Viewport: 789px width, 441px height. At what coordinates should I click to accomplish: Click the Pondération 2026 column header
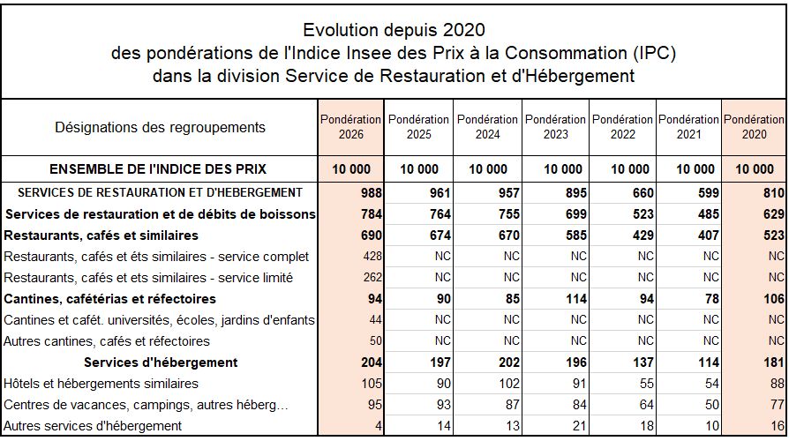pos(350,127)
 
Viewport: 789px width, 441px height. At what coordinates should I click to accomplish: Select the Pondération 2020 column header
pos(754,127)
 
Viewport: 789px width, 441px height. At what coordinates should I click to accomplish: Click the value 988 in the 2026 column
pos(371,192)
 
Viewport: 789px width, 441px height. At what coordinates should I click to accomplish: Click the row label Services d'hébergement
pos(161,363)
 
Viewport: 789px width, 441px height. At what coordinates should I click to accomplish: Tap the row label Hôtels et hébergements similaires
pos(101,384)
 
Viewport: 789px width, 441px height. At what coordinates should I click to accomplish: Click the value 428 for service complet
pos(371,257)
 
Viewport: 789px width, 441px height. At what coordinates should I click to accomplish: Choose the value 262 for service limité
pos(371,278)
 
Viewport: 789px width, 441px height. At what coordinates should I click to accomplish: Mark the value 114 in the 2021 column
pos(707,363)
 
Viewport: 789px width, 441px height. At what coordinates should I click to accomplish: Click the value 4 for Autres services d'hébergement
pos(378,426)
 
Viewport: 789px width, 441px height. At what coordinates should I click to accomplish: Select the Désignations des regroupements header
pos(160,127)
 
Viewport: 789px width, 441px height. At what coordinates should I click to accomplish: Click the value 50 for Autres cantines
pos(374,341)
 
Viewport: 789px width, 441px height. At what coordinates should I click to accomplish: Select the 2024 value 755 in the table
pos(506,214)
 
